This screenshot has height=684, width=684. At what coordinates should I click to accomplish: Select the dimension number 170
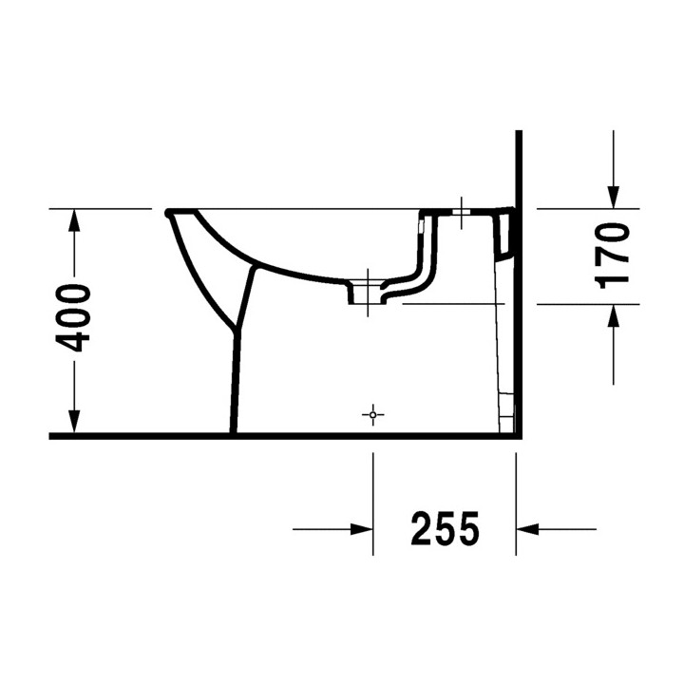(x=614, y=254)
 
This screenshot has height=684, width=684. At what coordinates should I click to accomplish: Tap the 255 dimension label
(x=445, y=529)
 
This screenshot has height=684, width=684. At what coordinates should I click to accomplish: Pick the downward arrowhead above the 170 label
(x=614, y=197)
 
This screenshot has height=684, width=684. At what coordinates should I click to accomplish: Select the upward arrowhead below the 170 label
(x=614, y=315)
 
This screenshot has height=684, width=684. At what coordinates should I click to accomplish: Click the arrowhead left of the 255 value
(x=361, y=529)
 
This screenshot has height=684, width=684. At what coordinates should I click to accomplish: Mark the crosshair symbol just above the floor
(x=373, y=415)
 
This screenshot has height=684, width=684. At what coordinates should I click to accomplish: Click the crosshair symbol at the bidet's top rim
(x=462, y=213)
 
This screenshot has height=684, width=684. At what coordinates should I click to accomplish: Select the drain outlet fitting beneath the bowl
(x=368, y=290)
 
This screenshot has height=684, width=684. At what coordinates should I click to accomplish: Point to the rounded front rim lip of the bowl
(x=169, y=212)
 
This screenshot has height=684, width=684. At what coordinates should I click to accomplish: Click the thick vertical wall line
(x=520, y=285)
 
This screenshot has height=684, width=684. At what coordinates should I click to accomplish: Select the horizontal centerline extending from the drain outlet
(x=452, y=304)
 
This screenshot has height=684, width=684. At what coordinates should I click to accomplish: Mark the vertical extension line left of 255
(x=373, y=503)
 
